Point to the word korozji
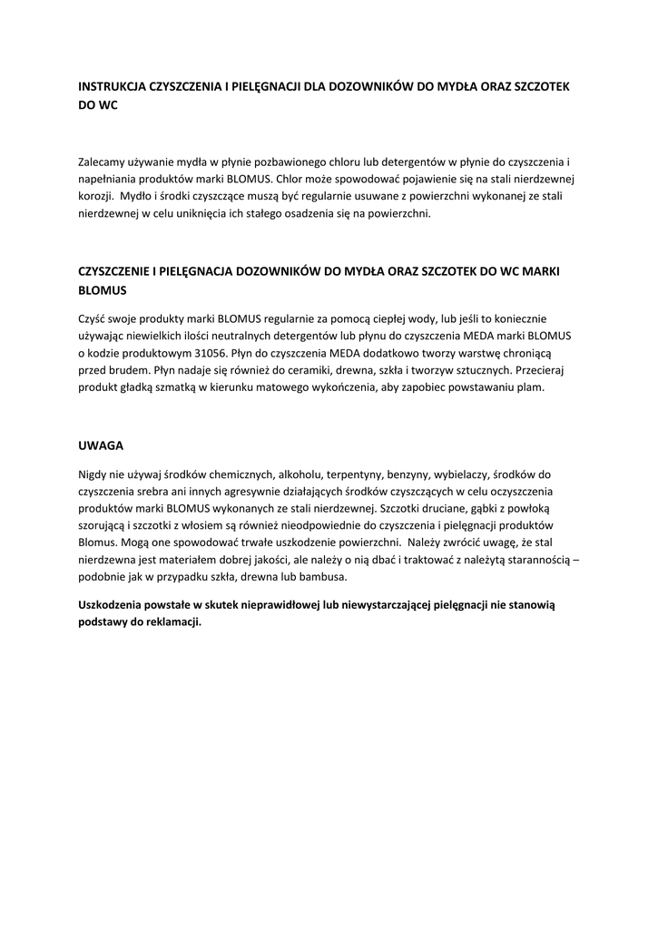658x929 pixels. pyautogui.click(x=94, y=196)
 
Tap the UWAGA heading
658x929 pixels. pyautogui.click(x=100, y=445)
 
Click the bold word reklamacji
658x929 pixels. pyautogui.click(x=170, y=622)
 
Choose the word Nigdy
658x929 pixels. pyautogui.click(x=93, y=474)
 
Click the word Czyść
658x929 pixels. pyautogui.click(x=93, y=318)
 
